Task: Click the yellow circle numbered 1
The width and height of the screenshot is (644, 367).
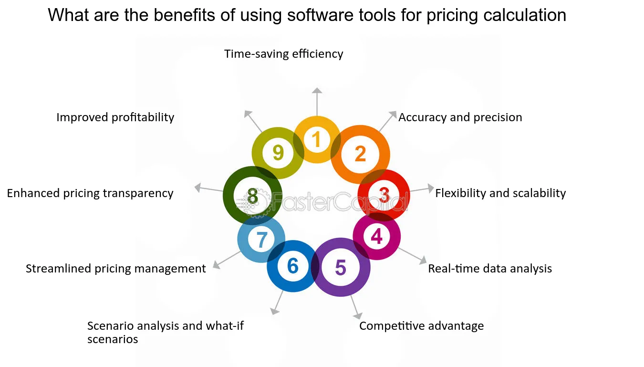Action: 317,121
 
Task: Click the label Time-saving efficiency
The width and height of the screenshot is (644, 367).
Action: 283,54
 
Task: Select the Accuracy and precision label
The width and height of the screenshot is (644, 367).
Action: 460,117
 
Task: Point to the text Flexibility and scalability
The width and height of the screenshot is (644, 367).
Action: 500,193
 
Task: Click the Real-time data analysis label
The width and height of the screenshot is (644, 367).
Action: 490,268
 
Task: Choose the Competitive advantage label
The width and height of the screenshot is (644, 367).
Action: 422,326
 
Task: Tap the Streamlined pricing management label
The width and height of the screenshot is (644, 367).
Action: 116,268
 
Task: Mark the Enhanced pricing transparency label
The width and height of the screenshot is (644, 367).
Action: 90,193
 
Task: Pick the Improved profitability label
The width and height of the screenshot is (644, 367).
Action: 115,117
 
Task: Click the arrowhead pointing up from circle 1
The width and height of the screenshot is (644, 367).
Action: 317,90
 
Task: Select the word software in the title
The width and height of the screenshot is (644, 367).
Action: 320,15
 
